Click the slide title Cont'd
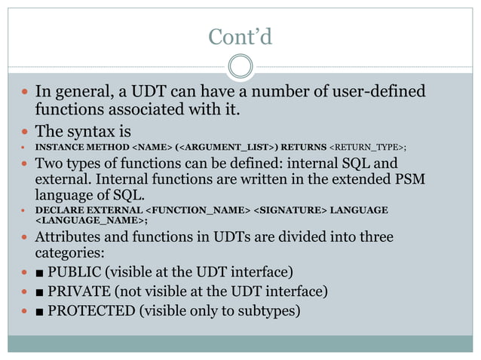click(x=240, y=36)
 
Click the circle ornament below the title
click(x=240, y=66)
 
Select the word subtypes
click(x=268, y=310)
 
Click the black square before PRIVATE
click(x=39, y=291)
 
